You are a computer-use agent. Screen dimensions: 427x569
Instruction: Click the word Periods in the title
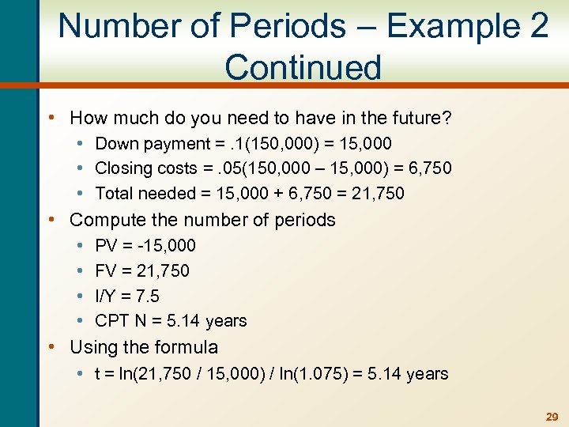[280, 25]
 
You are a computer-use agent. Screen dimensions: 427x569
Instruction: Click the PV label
[106, 246]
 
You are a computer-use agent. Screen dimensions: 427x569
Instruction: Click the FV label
[106, 271]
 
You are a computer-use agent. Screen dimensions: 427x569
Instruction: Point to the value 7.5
[147, 297]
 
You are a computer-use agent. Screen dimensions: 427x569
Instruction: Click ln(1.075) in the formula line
[320, 374]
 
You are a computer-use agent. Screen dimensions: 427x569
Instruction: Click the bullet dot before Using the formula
[51, 347]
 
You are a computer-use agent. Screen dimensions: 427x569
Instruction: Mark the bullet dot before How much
[51, 119]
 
